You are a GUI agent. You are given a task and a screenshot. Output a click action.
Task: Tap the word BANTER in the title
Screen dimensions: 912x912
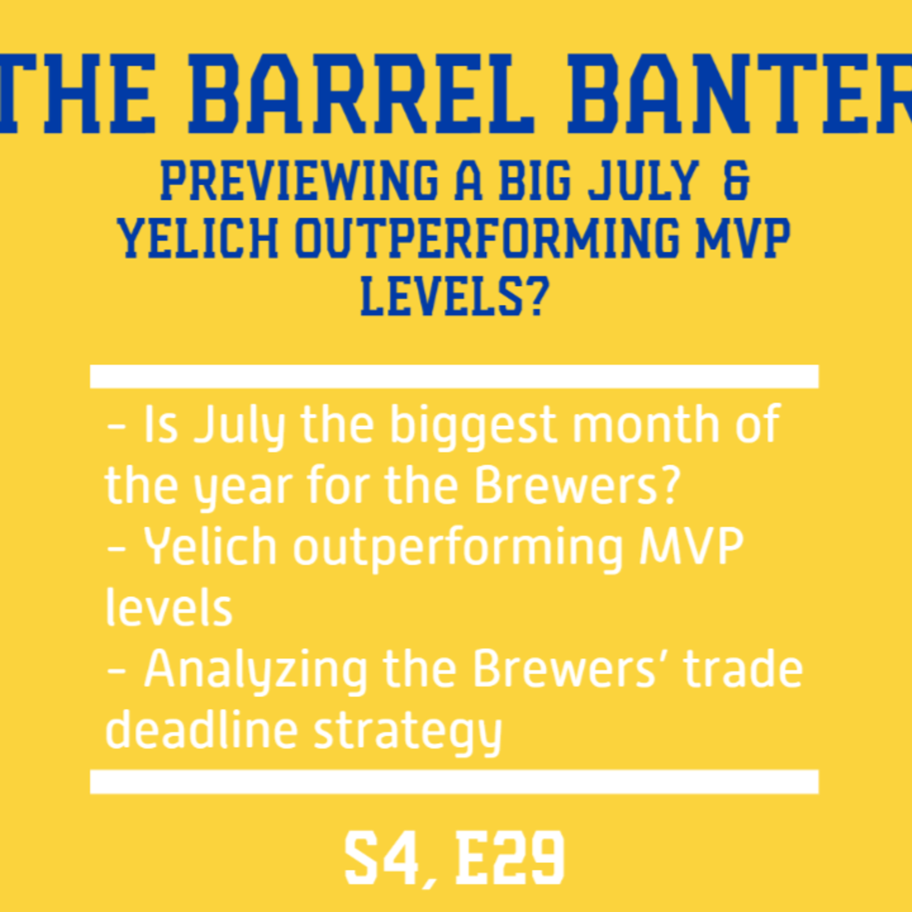pos(740,93)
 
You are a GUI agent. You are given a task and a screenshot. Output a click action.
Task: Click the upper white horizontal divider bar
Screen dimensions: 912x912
pos(454,376)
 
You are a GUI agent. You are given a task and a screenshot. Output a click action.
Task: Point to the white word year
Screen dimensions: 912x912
pos(247,489)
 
